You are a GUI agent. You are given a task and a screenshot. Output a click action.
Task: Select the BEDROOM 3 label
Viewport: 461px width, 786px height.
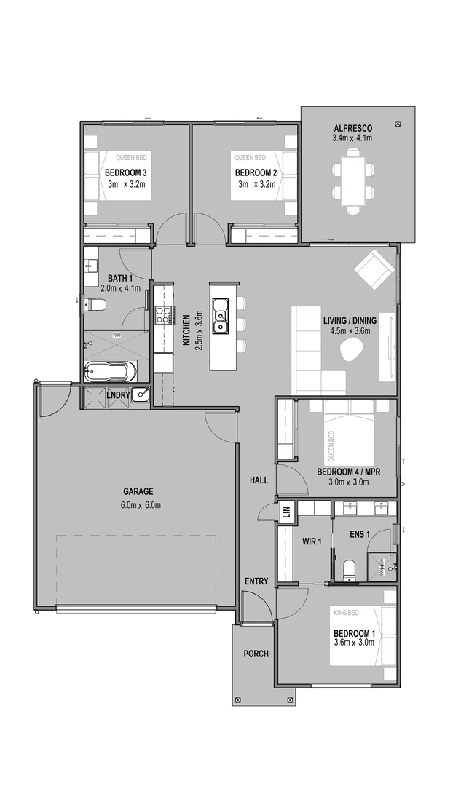click(126, 172)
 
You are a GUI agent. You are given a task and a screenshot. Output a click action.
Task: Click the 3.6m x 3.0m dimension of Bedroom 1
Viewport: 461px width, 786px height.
click(353, 643)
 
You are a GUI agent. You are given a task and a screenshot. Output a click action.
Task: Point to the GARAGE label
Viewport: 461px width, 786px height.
click(138, 491)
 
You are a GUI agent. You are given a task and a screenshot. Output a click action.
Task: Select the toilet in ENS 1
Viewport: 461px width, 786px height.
click(348, 568)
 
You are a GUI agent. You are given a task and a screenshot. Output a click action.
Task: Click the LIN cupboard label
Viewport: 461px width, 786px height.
click(286, 512)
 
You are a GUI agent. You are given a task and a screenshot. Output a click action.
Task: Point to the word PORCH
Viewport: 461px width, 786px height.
click(256, 654)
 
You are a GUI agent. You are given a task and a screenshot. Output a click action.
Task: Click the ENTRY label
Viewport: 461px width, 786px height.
click(256, 581)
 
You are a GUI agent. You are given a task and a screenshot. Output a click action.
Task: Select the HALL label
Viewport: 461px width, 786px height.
click(259, 480)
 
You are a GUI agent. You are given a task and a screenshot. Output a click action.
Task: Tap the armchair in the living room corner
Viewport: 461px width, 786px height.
click(374, 269)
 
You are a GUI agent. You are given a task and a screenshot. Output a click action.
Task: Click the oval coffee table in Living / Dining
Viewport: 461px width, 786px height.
click(352, 352)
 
